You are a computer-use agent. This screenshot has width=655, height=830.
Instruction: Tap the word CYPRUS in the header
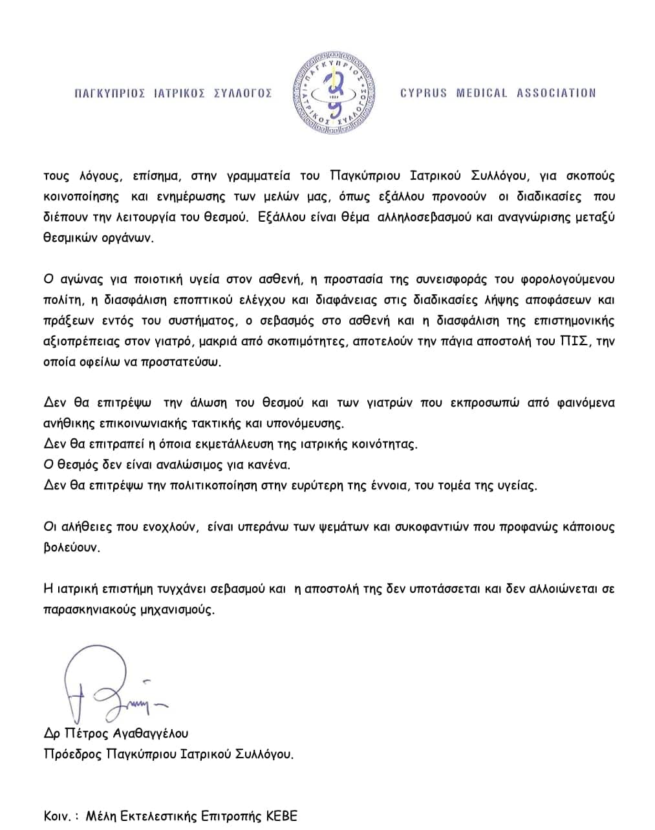pyautogui.click(x=424, y=93)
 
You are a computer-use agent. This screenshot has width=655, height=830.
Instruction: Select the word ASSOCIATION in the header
pyautogui.click(x=556, y=93)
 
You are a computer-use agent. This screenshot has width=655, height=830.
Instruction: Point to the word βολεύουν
pyautogui.click(x=72, y=548)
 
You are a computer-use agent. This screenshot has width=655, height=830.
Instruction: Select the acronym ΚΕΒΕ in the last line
pyautogui.click(x=282, y=816)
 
